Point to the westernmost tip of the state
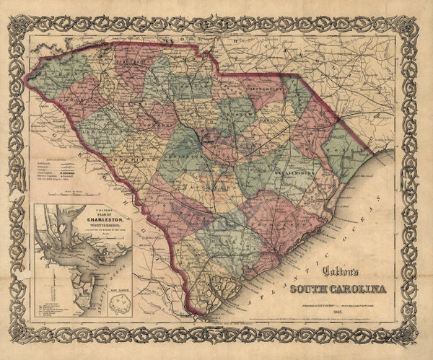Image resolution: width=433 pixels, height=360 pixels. click(31, 104)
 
